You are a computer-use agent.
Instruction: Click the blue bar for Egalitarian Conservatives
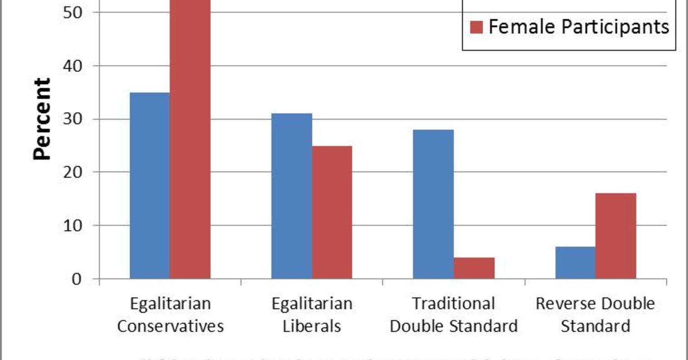[x=150, y=185]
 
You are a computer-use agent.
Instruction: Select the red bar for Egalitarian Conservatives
[x=190, y=139]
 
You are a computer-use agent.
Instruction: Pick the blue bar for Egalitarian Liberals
[x=291, y=196]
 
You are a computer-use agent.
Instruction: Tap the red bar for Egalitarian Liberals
[x=332, y=212]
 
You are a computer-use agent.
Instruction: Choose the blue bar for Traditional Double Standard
[x=433, y=204]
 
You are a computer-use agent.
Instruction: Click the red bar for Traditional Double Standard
[x=474, y=268]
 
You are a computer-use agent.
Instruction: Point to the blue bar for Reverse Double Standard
[x=575, y=262]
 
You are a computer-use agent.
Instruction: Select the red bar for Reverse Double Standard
[x=616, y=236]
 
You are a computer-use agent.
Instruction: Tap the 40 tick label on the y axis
[x=72, y=66]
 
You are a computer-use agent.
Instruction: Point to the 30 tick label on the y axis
[x=72, y=119]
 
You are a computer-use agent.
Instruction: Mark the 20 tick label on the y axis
[x=72, y=172]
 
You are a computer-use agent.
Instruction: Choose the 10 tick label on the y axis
[x=72, y=225]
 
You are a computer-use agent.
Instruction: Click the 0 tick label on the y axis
[x=77, y=279]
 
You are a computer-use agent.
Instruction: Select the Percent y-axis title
[x=42, y=119]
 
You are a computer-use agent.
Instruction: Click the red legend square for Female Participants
[x=476, y=27]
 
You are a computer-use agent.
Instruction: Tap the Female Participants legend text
[x=579, y=27]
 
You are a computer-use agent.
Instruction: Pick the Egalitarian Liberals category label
[x=312, y=315]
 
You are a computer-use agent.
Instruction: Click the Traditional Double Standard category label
[x=453, y=315]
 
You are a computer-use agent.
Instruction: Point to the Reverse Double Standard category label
[x=595, y=315]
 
